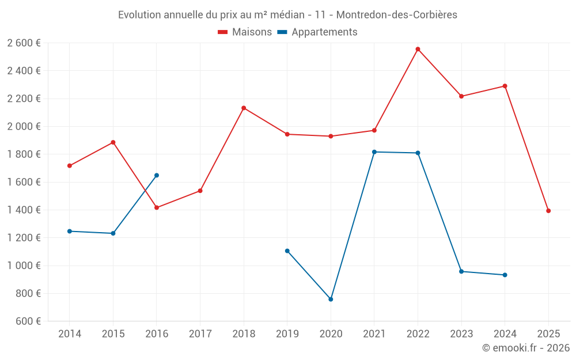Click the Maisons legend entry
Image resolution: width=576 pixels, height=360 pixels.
pyautogui.click(x=245, y=32)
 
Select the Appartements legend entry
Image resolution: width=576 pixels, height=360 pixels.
pyautogui.click(x=317, y=32)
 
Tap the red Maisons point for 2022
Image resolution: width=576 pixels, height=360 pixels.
pyautogui.click(x=418, y=50)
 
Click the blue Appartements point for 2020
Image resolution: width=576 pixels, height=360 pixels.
pyautogui.click(x=331, y=300)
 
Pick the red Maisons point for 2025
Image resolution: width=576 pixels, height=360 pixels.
pyautogui.click(x=548, y=211)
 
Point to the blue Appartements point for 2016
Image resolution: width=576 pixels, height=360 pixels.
pyautogui.click(x=157, y=175)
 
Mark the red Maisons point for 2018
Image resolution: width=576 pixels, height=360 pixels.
pyautogui.click(x=244, y=108)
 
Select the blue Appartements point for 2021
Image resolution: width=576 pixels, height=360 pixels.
pyautogui.click(x=374, y=152)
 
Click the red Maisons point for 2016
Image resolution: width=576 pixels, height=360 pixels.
pyautogui.click(x=157, y=207)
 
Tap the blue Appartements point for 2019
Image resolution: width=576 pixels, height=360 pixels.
pyautogui.click(x=287, y=251)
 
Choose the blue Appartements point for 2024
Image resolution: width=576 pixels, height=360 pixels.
pyautogui.click(x=505, y=275)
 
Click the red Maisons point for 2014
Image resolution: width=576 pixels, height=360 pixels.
pyautogui.click(x=70, y=166)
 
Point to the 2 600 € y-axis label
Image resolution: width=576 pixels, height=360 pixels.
pyautogui.click(x=24, y=43)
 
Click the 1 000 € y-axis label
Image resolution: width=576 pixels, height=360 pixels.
pyautogui.click(x=24, y=266)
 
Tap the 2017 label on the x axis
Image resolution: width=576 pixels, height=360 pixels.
pyautogui.click(x=200, y=334)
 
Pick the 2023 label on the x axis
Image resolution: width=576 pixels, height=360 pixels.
pyautogui.click(x=461, y=334)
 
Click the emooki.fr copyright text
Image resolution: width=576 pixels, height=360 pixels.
pyautogui.click(x=525, y=348)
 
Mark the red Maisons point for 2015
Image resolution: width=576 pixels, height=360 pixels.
pyautogui.click(x=113, y=142)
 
